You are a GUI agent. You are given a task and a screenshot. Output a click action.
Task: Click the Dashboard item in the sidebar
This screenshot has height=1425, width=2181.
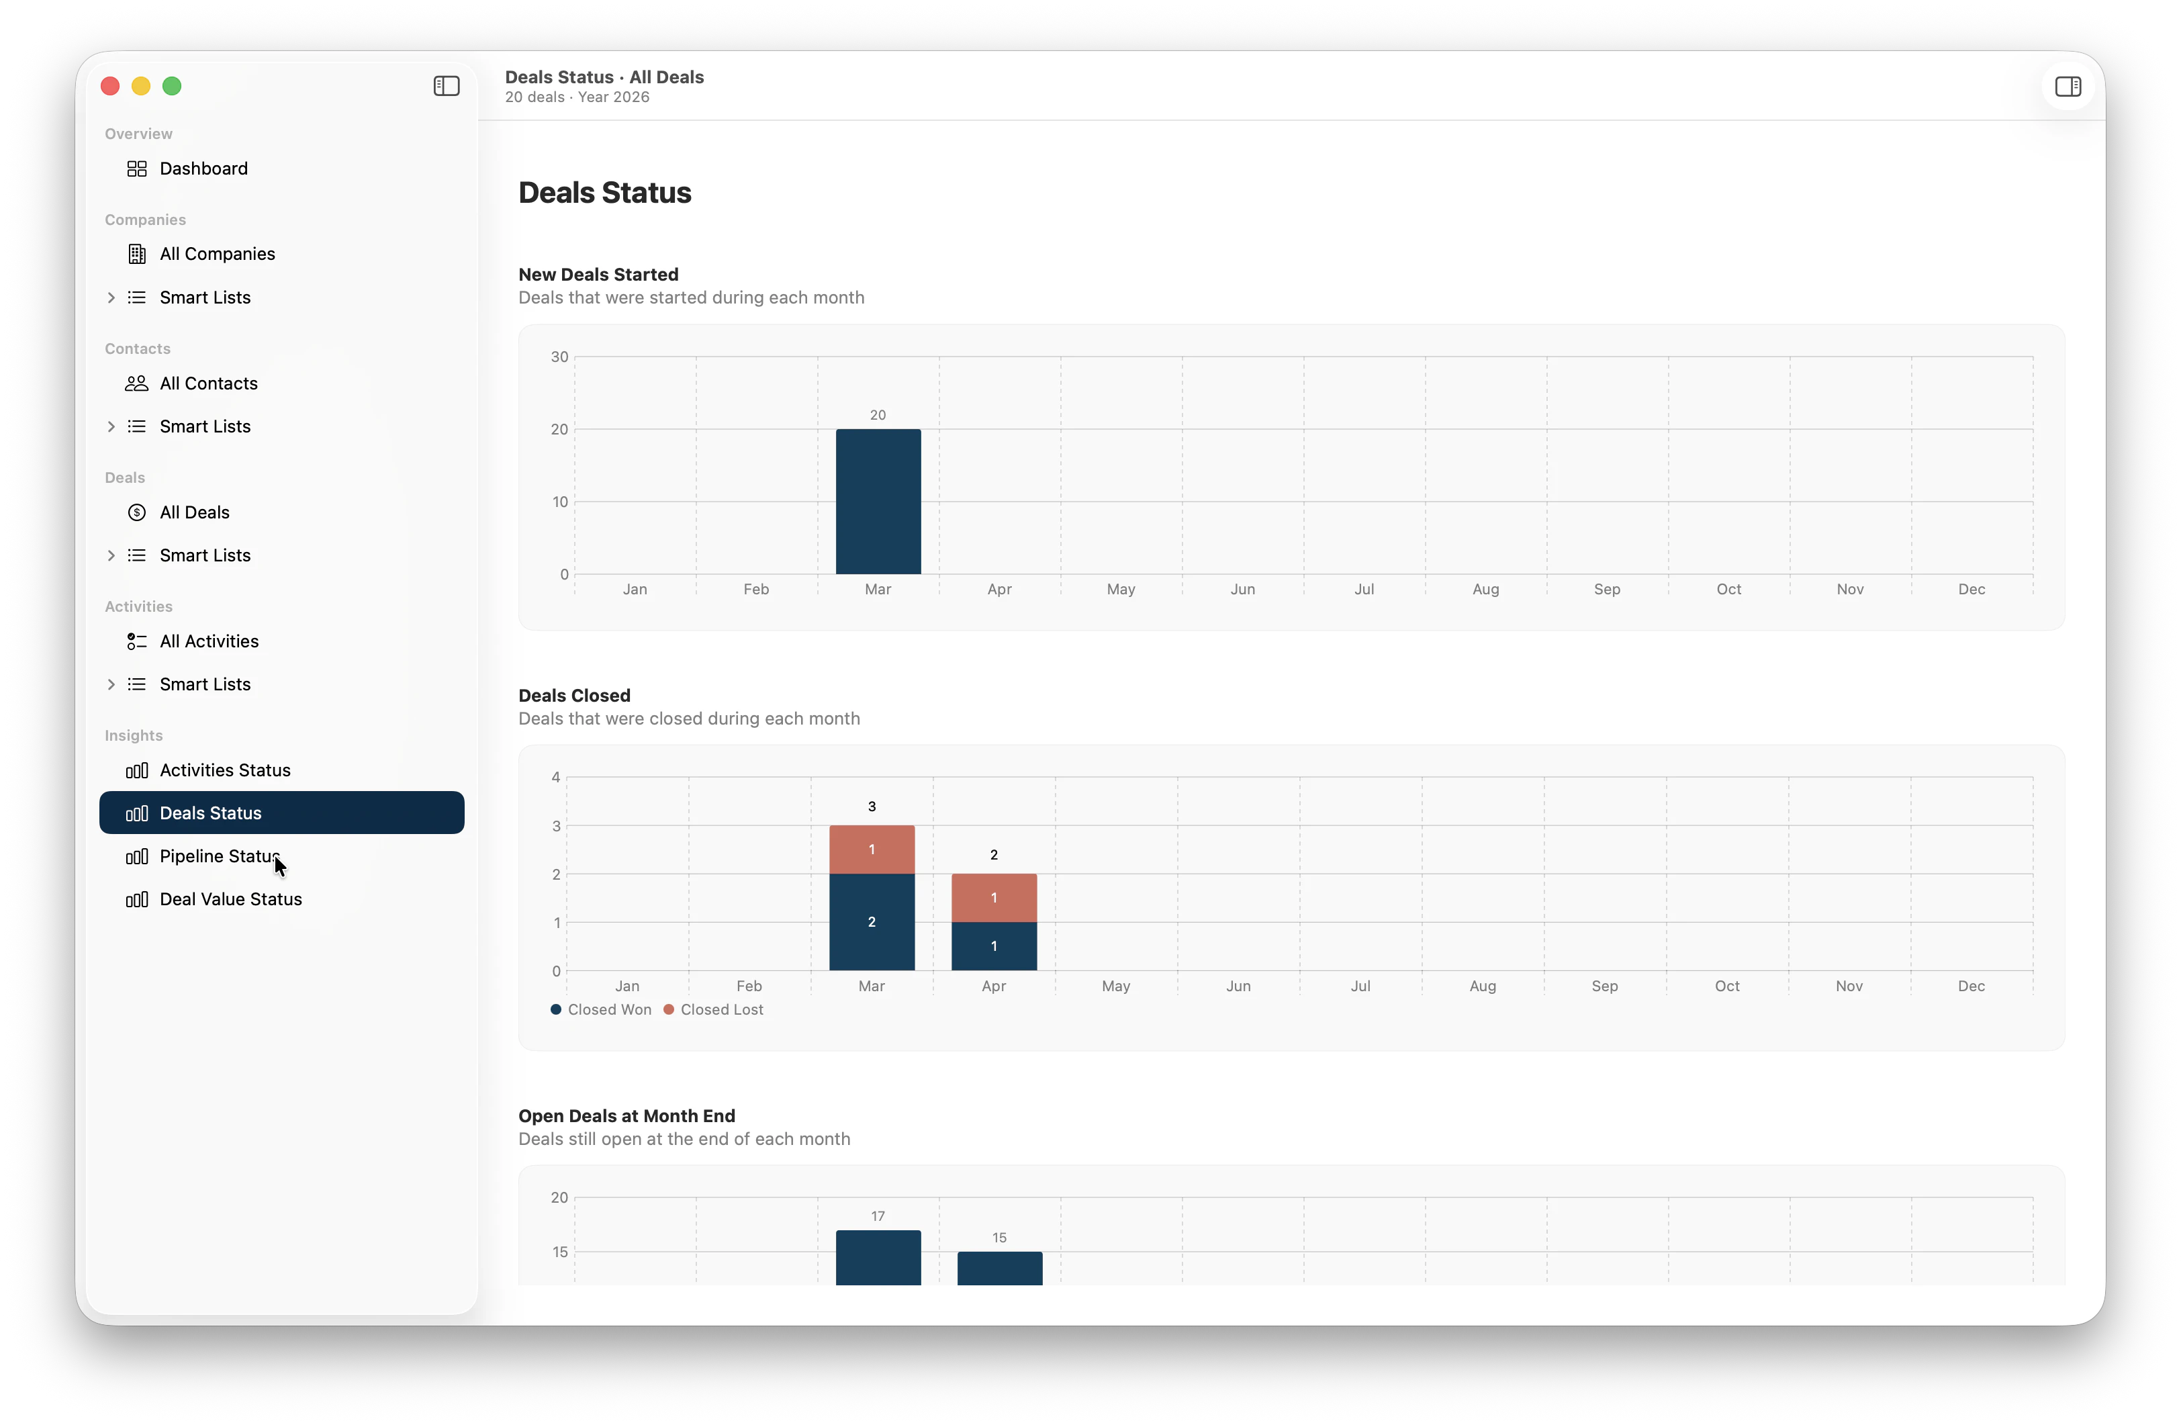tap(203, 169)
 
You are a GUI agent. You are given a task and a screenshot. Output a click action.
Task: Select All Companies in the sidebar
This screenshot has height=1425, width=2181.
tap(216, 254)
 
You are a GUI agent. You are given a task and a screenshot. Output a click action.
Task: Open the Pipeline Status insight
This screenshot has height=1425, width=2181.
tap(218, 856)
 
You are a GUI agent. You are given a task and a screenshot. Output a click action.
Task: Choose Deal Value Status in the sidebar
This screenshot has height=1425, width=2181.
tap(230, 899)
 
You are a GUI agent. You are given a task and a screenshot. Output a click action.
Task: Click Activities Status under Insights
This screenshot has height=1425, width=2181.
tap(224, 770)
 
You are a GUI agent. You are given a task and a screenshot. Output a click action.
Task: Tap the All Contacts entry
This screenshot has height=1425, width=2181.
tap(208, 383)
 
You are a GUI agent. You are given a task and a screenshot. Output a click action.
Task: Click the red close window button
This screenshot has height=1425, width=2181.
tap(110, 86)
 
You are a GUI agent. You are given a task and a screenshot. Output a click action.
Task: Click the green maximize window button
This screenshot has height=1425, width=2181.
tap(171, 86)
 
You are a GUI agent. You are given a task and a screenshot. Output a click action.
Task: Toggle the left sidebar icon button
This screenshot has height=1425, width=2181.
tap(447, 86)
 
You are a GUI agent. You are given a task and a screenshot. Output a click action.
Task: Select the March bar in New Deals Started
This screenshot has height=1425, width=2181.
tap(878, 501)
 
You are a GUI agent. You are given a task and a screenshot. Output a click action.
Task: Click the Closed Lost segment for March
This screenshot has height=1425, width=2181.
tap(872, 849)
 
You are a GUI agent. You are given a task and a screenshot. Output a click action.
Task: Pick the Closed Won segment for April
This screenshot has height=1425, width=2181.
tap(993, 946)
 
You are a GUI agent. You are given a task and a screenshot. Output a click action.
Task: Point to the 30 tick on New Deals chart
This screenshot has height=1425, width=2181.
tap(559, 357)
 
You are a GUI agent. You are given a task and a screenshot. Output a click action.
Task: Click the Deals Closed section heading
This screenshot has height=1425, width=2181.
tap(575, 696)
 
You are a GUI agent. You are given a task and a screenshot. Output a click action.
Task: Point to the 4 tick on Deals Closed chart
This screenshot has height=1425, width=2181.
tap(555, 777)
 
